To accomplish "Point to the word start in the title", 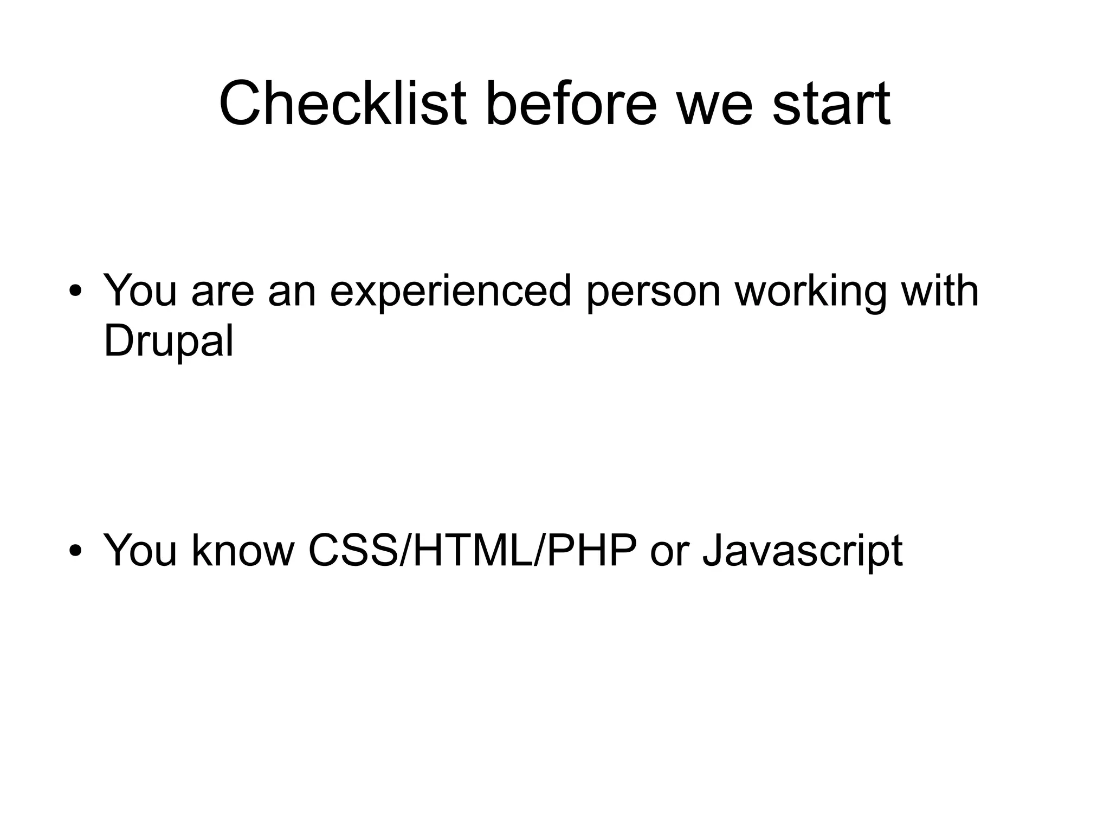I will pos(831,105).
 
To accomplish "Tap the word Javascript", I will pos(802,552).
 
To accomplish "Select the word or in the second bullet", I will pos(669,554).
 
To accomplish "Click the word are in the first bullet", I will pos(223,293).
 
